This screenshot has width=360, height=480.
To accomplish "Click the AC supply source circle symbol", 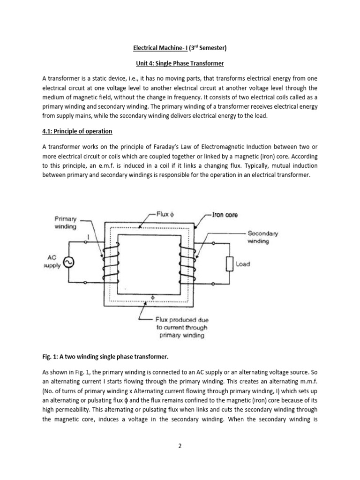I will [x=68, y=263].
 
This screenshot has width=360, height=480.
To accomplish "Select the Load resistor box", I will [x=230, y=264].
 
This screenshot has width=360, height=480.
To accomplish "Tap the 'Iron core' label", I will [x=225, y=215].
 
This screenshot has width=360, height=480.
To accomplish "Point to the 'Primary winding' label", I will [x=66, y=222].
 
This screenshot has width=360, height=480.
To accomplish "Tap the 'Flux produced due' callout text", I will [x=182, y=320].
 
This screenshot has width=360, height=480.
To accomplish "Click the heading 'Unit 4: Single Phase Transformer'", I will [x=180, y=63].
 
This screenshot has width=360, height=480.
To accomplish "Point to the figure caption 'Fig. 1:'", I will [x=51, y=357].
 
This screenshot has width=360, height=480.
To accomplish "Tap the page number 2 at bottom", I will [x=180, y=446].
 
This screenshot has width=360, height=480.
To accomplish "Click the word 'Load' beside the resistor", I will [x=243, y=264].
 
